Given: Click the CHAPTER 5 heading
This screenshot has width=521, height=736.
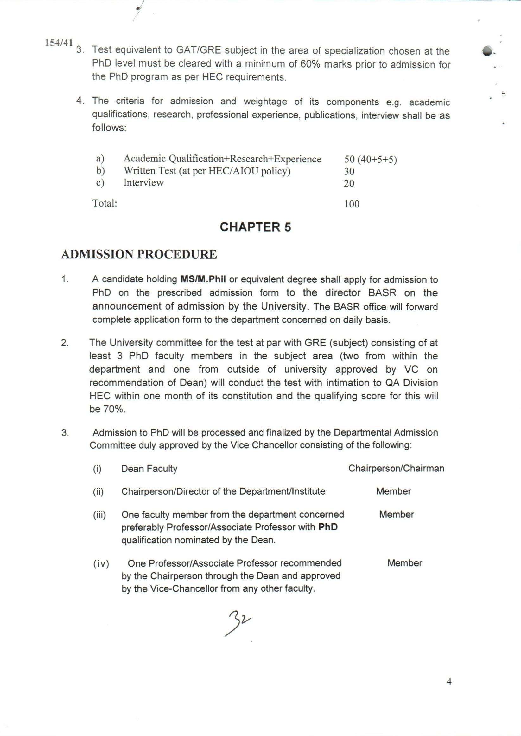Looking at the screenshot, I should pyautogui.click(x=255, y=227).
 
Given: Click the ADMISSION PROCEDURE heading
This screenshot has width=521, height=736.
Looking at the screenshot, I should pyautogui.click(x=139, y=254).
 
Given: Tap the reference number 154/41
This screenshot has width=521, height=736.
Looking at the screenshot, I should pyautogui.click(x=59, y=43).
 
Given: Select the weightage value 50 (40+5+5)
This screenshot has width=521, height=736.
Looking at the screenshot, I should pyautogui.click(x=371, y=159).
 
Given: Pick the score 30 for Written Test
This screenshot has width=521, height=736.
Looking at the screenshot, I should pyautogui.click(x=349, y=171).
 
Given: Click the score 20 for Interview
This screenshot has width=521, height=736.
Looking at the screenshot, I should pyautogui.click(x=349, y=183).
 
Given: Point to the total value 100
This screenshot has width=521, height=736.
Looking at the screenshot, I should pyautogui.click(x=352, y=204).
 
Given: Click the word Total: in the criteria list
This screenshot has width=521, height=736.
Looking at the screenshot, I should pyautogui.click(x=105, y=203).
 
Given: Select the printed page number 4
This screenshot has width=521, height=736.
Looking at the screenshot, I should pyautogui.click(x=449, y=690).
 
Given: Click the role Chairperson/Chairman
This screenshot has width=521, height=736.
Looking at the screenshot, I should pyautogui.click(x=396, y=469).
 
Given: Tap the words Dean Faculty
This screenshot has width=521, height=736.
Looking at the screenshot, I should pyautogui.click(x=149, y=469).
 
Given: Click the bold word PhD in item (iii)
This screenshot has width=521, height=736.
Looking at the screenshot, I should pyautogui.click(x=328, y=528).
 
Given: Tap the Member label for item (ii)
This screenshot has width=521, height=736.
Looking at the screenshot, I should pyautogui.click(x=393, y=491).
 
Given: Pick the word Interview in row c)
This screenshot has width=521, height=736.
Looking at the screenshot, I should pyautogui.click(x=143, y=183).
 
